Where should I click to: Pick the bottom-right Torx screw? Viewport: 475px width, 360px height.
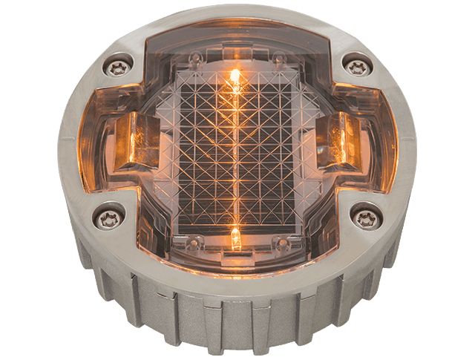point(365,217)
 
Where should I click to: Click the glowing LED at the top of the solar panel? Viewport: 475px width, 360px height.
point(235,76)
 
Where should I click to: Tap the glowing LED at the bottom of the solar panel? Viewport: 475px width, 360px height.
point(235,238)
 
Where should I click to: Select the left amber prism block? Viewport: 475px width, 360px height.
point(133,140)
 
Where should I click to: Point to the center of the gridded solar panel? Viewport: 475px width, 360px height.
point(236,152)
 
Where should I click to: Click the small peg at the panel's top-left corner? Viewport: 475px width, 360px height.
point(197,58)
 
